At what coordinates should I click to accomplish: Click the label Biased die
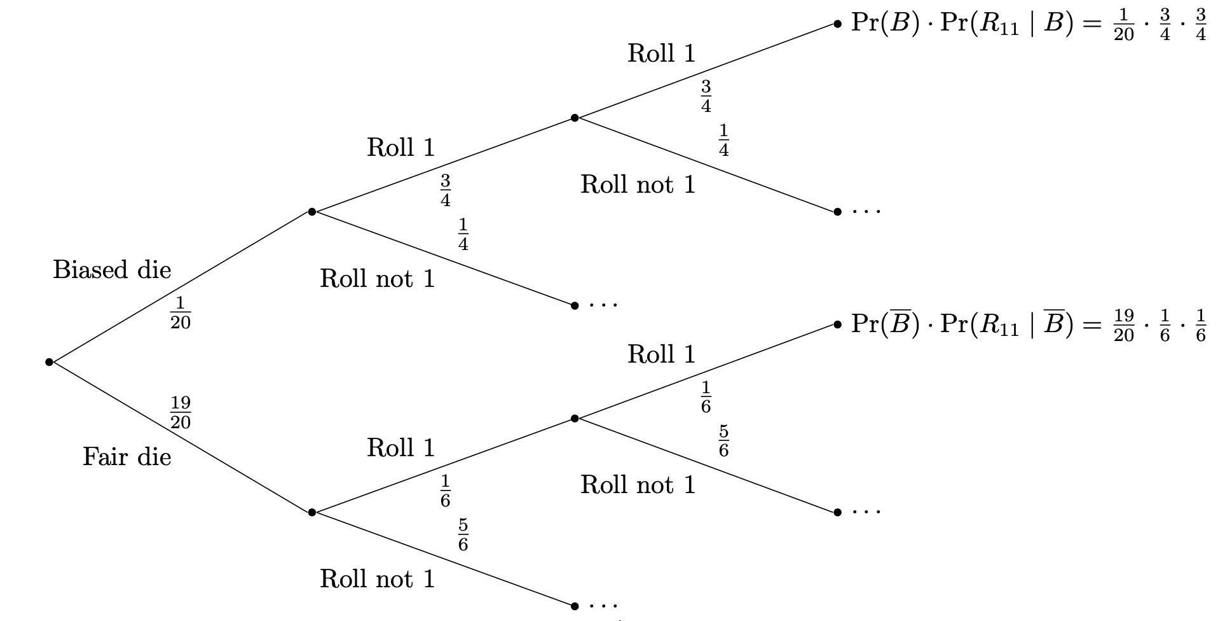[112, 270]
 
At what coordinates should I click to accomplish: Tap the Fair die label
[127, 457]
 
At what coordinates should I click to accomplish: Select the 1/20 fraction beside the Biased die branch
[181, 312]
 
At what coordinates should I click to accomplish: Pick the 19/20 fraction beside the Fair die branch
[181, 412]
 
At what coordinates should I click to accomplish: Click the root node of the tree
[49, 362]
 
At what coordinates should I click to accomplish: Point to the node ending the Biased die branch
[311, 211]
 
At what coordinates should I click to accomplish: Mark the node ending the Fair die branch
[311, 512]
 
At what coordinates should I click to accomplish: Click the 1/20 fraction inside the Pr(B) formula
[1123, 25]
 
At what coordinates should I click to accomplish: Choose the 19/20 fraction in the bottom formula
[1123, 325]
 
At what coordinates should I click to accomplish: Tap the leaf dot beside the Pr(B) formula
[837, 24]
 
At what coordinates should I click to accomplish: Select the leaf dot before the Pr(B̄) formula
[837, 324]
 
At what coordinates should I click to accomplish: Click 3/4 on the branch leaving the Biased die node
[445, 191]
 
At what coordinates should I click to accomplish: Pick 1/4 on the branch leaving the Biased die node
[463, 234]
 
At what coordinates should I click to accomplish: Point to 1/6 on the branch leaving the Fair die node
[445, 491]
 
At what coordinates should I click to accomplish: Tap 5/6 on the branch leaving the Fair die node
[463, 534]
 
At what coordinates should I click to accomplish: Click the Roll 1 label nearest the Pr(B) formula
[661, 53]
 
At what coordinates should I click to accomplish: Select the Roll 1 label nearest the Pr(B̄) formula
[661, 354]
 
